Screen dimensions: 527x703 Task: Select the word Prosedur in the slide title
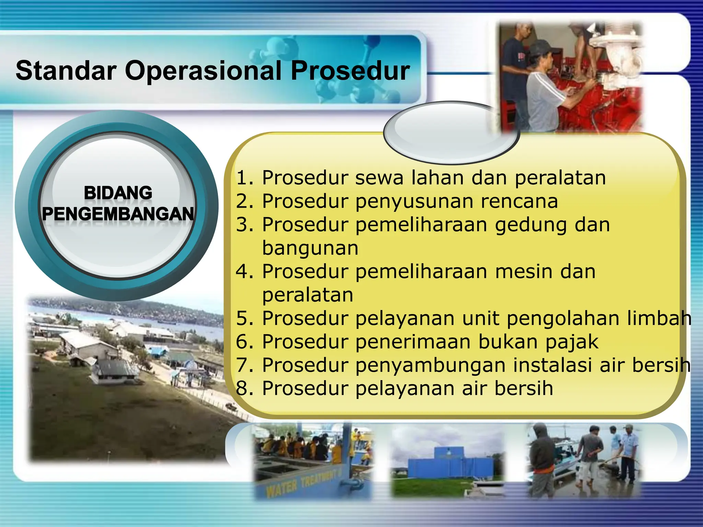(x=350, y=71)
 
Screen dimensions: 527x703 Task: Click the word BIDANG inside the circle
(x=118, y=193)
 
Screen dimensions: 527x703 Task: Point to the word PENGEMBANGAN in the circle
(x=118, y=214)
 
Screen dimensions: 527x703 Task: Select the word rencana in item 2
(x=519, y=201)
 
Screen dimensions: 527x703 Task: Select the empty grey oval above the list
(x=451, y=132)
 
